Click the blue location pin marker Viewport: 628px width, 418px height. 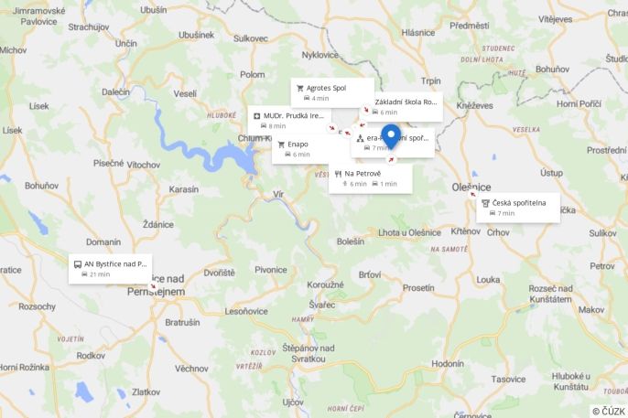pos(391,136)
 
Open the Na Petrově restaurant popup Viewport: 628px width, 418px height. pos(370,178)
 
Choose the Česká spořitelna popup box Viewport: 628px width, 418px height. pos(518,208)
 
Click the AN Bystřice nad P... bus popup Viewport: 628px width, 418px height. pos(110,268)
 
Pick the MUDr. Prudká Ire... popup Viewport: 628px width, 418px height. pos(289,121)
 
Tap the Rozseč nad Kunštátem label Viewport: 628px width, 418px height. pos(556,294)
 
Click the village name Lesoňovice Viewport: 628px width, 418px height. pos(245,311)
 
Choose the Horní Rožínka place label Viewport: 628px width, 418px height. pos(22,367)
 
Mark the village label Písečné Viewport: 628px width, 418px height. pos(107,163)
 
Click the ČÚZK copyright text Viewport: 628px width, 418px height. pos(608,411)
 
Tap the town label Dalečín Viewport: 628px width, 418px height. pos(115,91)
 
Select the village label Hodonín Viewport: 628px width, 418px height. pos(447,363)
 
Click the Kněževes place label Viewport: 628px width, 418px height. pos(474,106)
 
